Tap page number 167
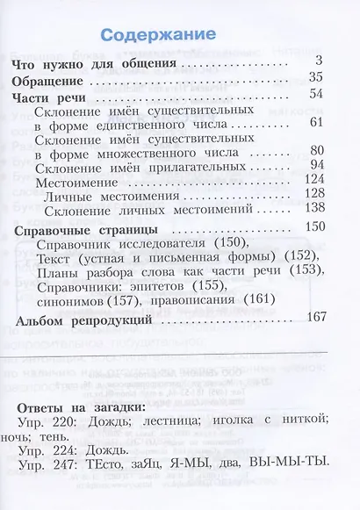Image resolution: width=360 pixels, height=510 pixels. pyautogui.click(x=314, y=320)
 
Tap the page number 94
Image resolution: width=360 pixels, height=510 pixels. pyautogui.click(x=317, y=164)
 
